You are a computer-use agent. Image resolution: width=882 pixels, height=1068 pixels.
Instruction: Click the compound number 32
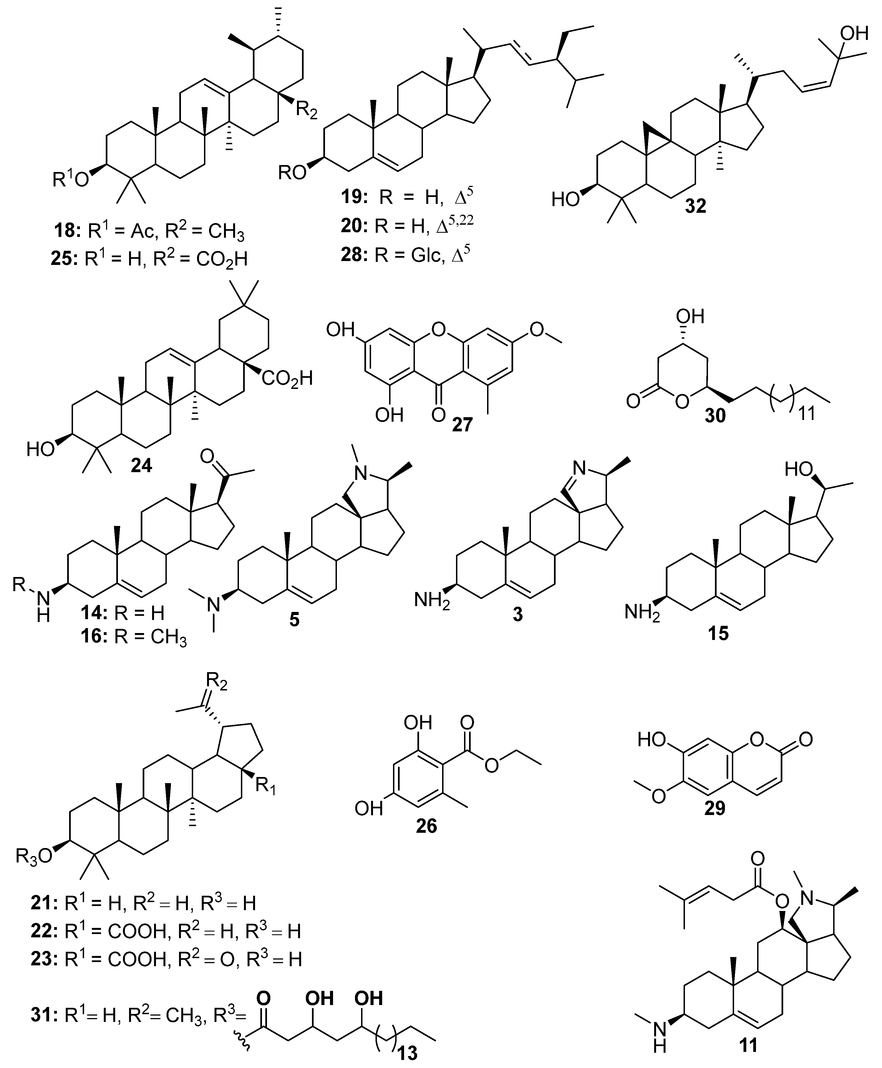pos(695,206)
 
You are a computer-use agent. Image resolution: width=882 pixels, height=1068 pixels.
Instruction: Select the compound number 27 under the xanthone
pos(462,424)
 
